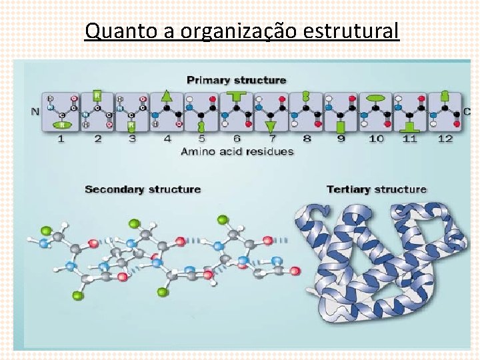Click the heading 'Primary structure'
pyautogui.click(x=236, y=80)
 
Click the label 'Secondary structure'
pyautogui.click(x=143, y=189)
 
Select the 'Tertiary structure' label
pyautogui.click(x=376, y=189)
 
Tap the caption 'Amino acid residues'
pyautogui.click(x=237, y=151)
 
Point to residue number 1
pyautogui.click(x=61, y=139)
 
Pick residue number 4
pyautogui.click(x=167, y=139)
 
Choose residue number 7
pyautogui.click(x=271, y=139)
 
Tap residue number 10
pyautogui.click(x=376, y=139)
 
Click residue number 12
pyautogui.click(x=445, y=139)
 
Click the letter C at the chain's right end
pyautogui.click(x=466, y=111)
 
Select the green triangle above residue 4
pyautogui.click(x=167, y=96)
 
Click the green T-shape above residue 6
pyautogui.click(x=236, y=96)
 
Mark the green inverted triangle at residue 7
pyautogui.click(x=271, y=125)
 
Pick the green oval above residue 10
pyautogui.click(x=376, y=97)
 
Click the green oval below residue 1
pyautogui.click(x=61, y=124)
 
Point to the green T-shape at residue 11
pyautogui.click(x=411, y=125)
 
